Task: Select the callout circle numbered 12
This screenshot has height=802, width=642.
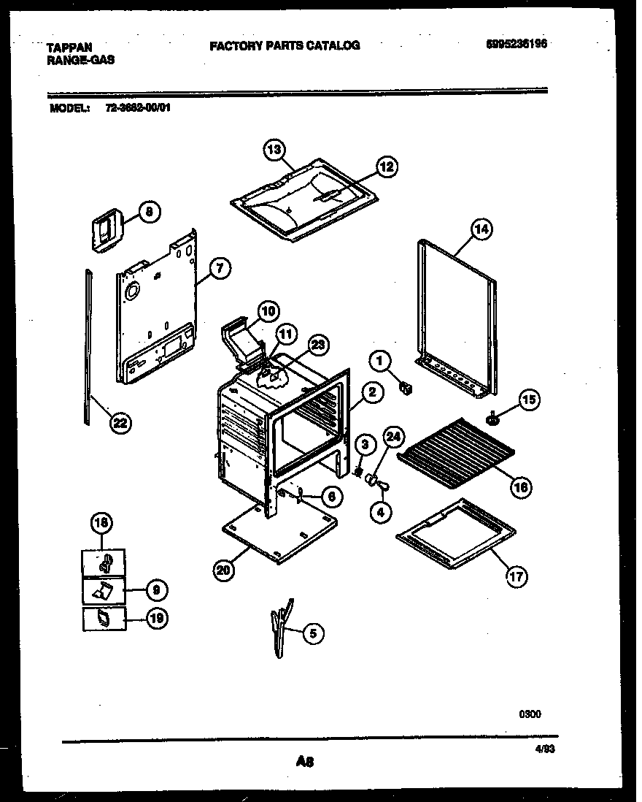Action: [x=386, y=167]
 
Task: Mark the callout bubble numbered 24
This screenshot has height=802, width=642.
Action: [x=393, y=438]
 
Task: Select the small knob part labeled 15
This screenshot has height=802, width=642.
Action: [x=492, y=419]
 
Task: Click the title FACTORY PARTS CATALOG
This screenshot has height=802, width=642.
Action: [x=285, y=45]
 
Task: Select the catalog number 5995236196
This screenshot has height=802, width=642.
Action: [x=517, y=44]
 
